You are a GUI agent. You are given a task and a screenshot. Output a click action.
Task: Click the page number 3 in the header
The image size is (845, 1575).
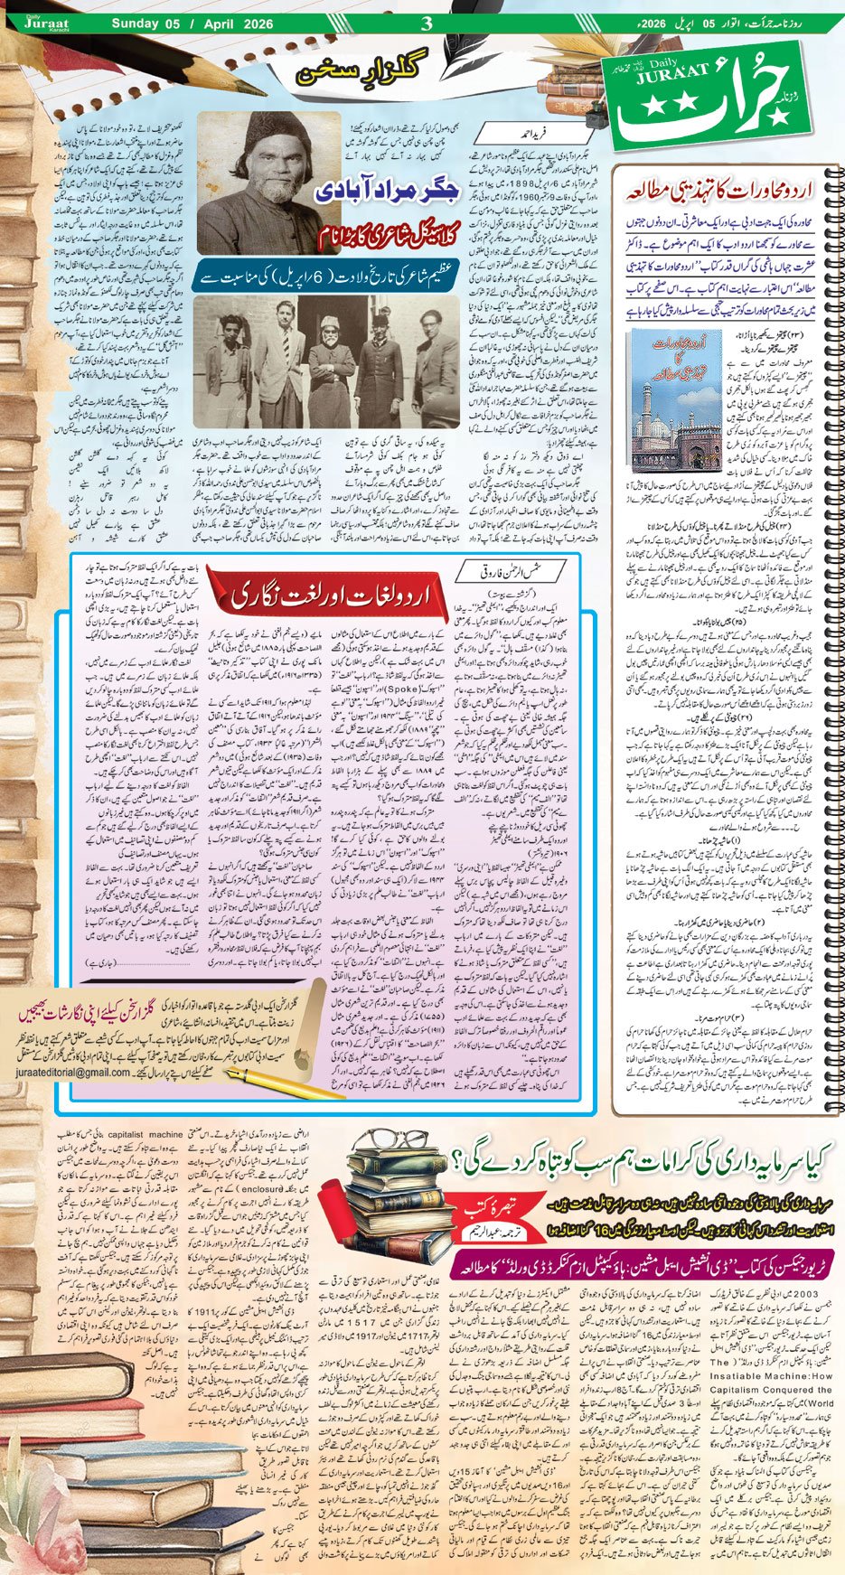coord(427,23)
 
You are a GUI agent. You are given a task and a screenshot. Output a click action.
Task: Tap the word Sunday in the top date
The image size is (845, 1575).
coord(134,23)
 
